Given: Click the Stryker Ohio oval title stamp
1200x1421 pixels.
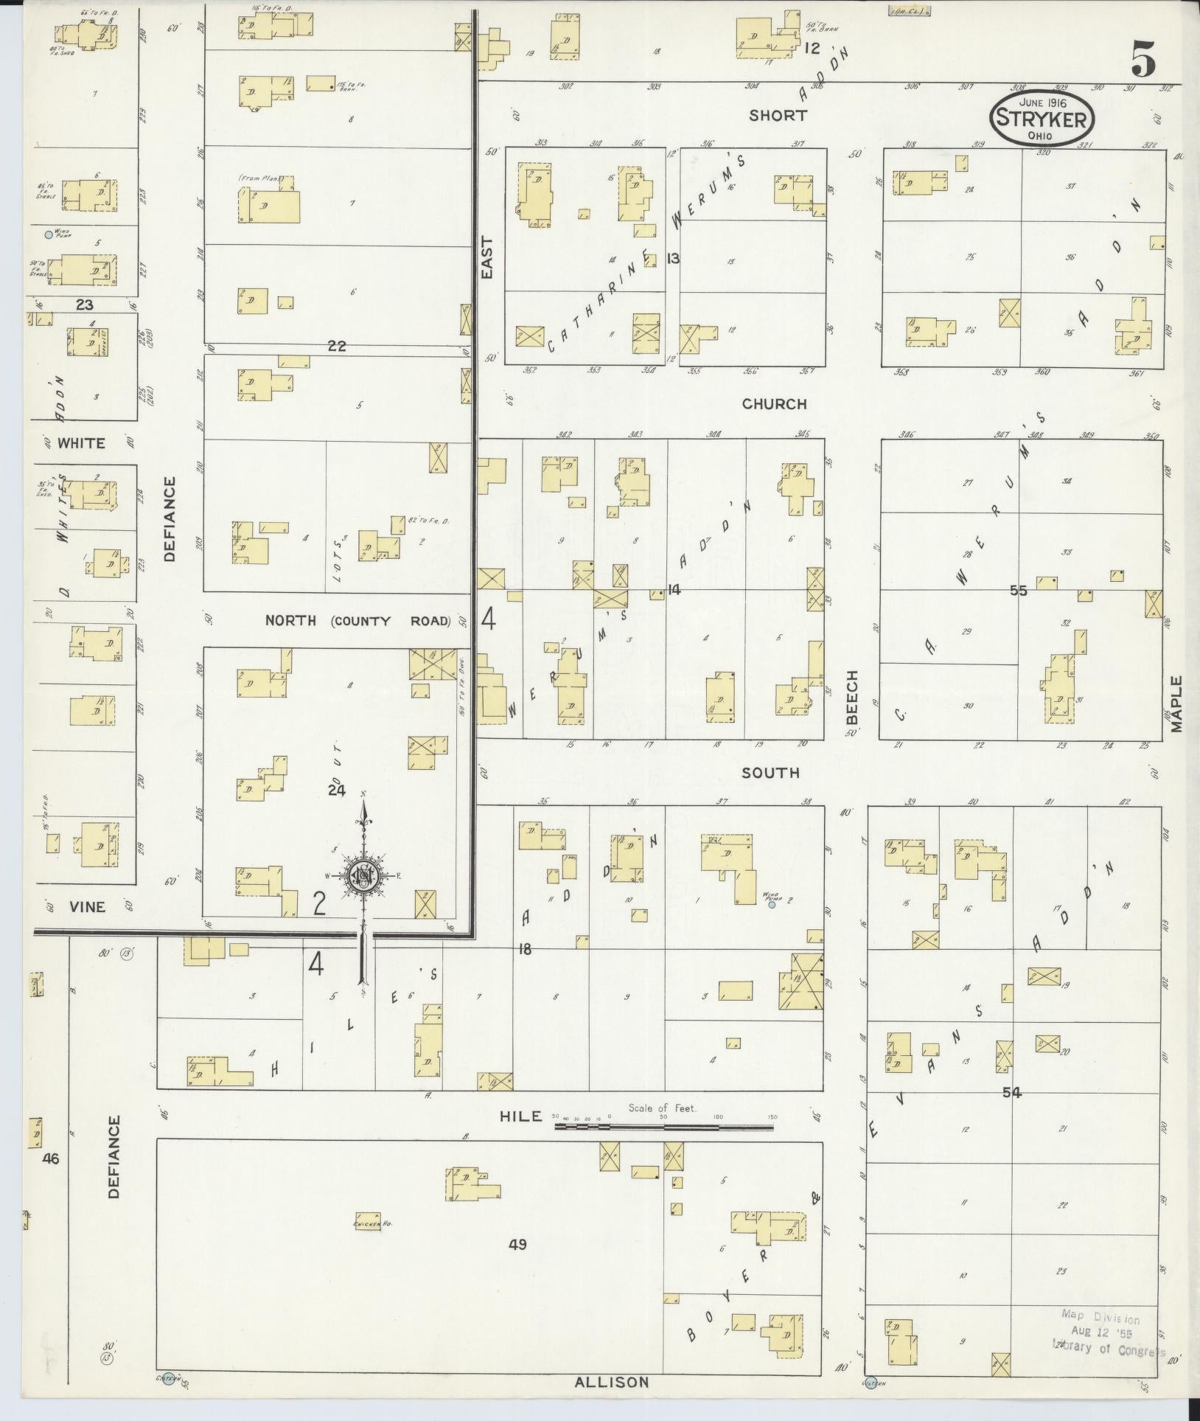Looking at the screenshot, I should click(x=1042, y=118).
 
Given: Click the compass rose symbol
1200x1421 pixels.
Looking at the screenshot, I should click(x=363, y=875).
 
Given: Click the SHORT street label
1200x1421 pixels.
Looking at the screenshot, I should click(x=778, y=115).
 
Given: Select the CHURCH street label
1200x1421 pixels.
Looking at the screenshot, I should click(x=774, y=403).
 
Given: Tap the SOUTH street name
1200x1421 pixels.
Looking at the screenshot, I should click(x=770, y=772).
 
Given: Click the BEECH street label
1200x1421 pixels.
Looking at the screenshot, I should click(x=852, y=697).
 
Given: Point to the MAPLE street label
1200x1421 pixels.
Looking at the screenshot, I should click(x=1175, y=703).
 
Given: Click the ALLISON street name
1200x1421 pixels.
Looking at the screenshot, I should click(x=612, y=1382).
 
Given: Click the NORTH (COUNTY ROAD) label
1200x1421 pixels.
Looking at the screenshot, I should click(x=357, y=620).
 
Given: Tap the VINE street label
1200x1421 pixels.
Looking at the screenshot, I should click(x=87, y=907).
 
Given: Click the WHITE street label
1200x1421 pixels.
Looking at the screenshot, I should click(x=81, y=443).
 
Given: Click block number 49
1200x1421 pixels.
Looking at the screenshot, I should click(x=517, y=1245).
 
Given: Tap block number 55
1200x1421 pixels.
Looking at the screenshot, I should click(x=1019, y=591).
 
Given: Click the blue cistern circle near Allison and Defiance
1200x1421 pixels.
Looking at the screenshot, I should click(x=169, y=1380).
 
